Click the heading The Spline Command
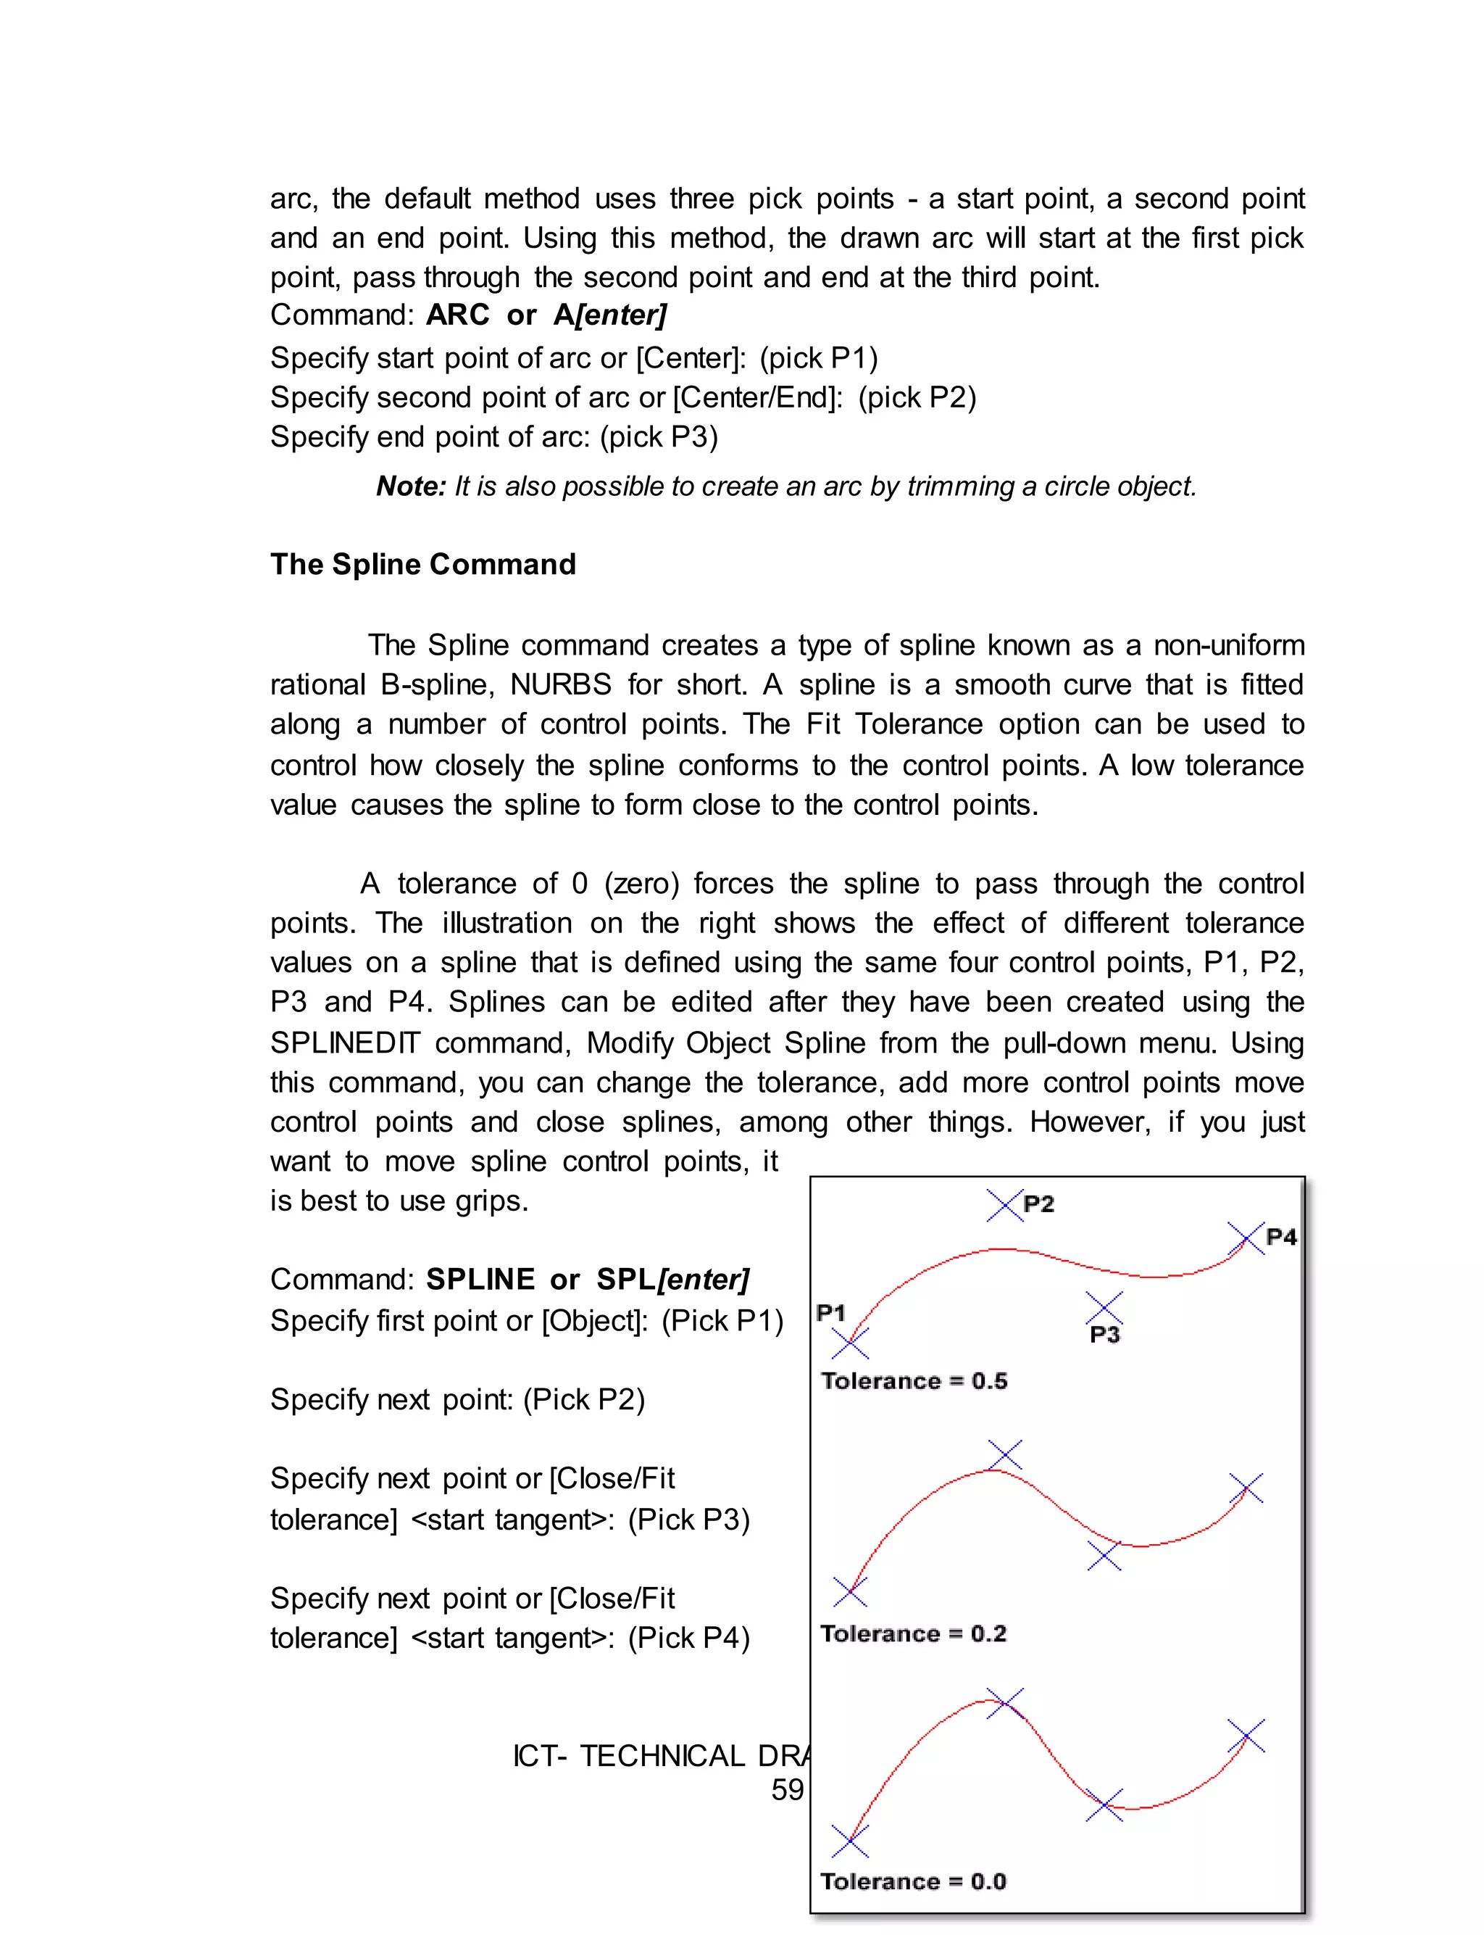[423, 565]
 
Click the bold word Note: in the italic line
[411, 487]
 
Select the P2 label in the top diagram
[1039, 1204]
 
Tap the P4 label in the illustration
[1281, 1237]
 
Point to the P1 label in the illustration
[831, 1313]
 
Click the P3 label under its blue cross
[1105, 1335]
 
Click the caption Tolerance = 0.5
[914, 1381]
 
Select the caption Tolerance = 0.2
[913, 1633]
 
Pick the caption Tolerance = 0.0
[913, 1881]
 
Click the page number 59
[787, 1790]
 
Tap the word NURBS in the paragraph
[561, 685]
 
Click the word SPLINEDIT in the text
[346, 1043]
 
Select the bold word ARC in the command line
[457, 315]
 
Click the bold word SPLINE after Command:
[480, 1280]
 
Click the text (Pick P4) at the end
[689, 1638]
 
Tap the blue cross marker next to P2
[1004, 1205]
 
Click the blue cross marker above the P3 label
[1104, 1308]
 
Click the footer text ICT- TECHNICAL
[629, 1756]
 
